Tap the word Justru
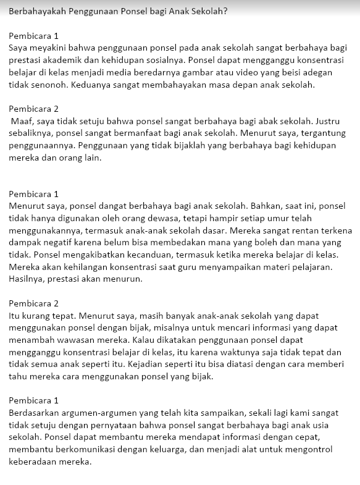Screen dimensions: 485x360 [x=332, y=121]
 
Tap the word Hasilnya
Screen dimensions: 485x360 [x=28, y=279]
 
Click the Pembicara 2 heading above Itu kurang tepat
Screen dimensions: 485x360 [x=34, y=303]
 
